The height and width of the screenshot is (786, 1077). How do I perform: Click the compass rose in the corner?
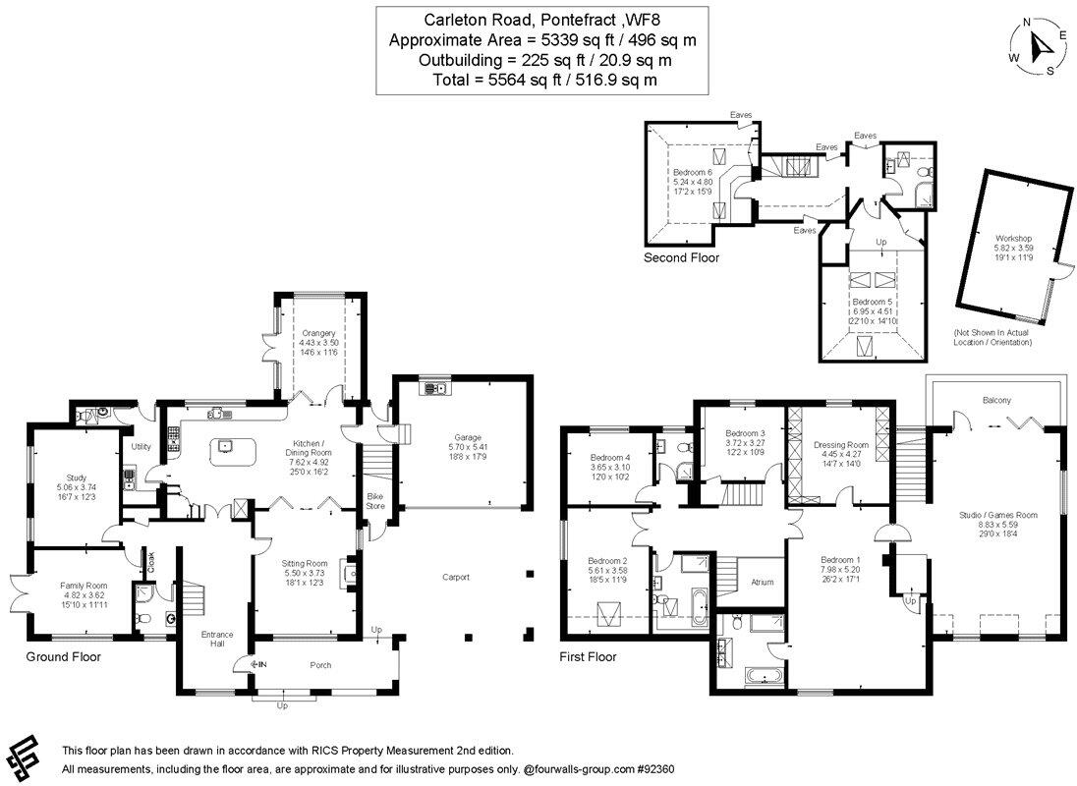pyautogui.click(x=1040, y=45)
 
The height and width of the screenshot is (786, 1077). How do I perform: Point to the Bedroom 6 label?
pyautogui.click(x=694, y=173)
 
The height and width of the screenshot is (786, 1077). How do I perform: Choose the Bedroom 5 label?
pyautogui.click(x=873, y=302)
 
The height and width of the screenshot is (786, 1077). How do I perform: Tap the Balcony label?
pyautogui.click(x=996, y=400)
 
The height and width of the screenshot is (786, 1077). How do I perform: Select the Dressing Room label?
pyautogui.click(x=841, y=445)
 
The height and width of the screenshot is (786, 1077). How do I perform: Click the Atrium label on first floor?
pyautogui.click(x=762, y=582)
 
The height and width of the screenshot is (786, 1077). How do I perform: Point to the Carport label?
pyautogui.click(x=456, y=577)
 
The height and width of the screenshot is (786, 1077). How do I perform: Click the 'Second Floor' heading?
pyautogui.click(x=681, y=258)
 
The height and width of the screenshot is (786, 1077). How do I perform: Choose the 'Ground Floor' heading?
pyautogui.click(x=63, y=656)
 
